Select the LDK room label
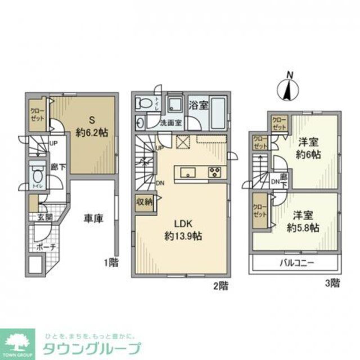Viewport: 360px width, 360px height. [182, 224]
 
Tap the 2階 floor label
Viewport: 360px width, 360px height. [220, 285]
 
